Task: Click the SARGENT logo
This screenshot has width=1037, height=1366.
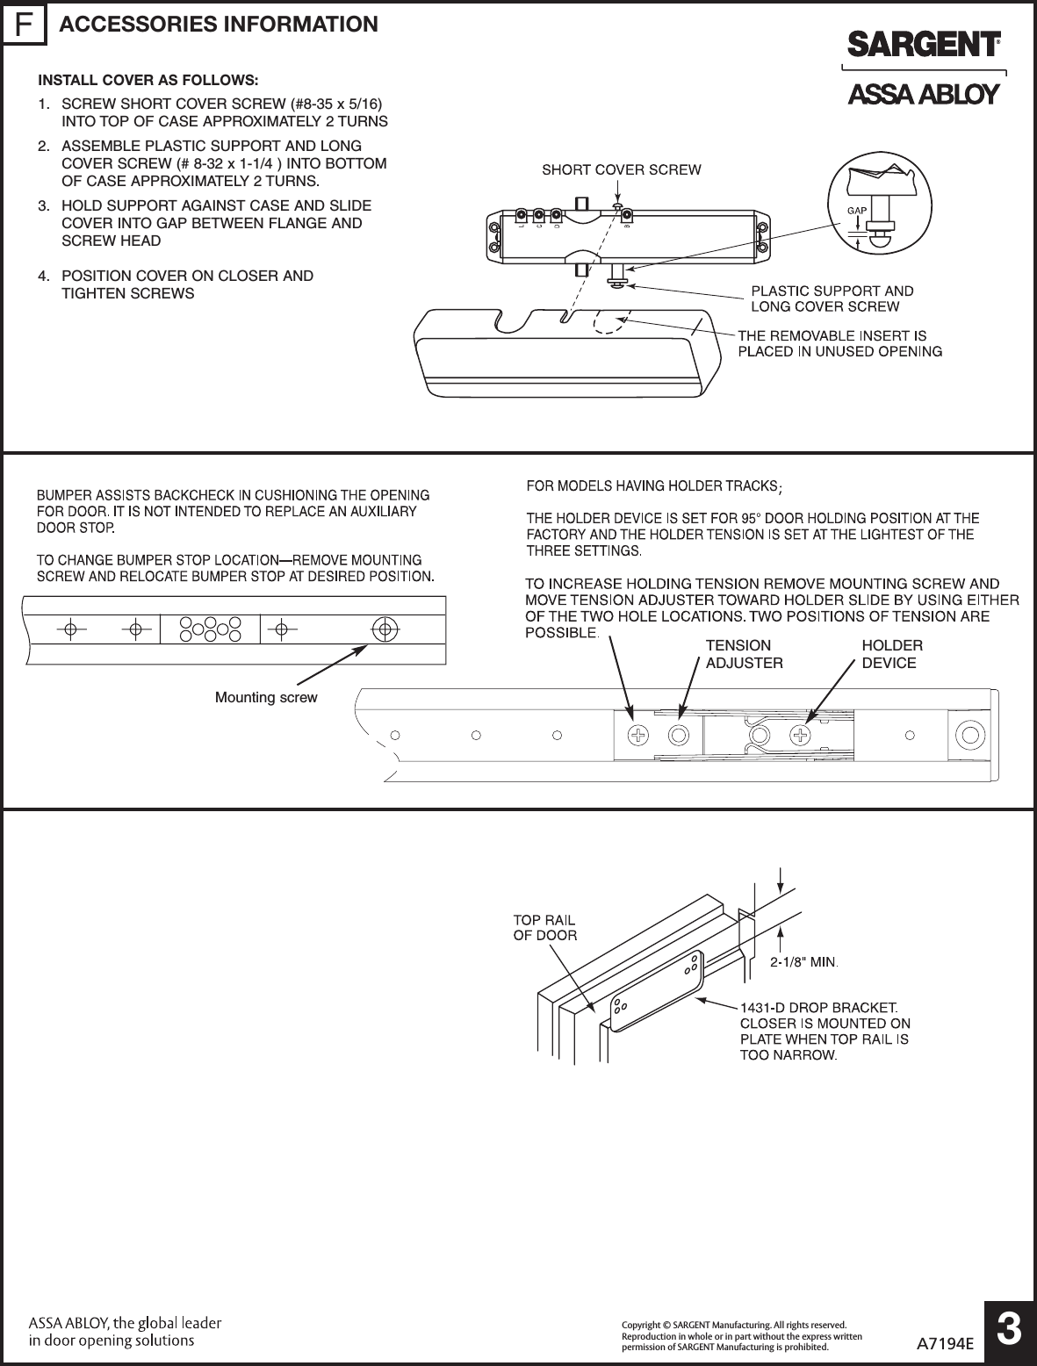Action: pos(923,45)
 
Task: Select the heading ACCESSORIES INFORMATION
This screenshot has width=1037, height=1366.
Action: pos(219,25)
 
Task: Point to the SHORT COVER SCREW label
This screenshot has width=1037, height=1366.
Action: pos(621,169)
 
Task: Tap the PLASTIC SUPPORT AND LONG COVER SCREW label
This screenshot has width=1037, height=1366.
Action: pos(831,298)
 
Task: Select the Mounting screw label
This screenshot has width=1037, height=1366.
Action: pos(266,698)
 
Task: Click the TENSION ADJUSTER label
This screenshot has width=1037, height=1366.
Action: pos(744,654)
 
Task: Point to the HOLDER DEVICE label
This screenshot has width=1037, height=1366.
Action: pos(891,654)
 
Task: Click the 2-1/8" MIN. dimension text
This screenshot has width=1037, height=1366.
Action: pos(804,962)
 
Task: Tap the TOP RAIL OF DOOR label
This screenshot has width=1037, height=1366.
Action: pos(544,927)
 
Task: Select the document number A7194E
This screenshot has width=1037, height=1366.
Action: pos(946,1342)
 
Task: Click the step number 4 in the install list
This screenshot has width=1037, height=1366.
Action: pos(43,276)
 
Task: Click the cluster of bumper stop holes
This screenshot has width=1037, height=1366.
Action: pos(210,629)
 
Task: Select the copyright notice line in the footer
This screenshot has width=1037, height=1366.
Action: pos(733,1324)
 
